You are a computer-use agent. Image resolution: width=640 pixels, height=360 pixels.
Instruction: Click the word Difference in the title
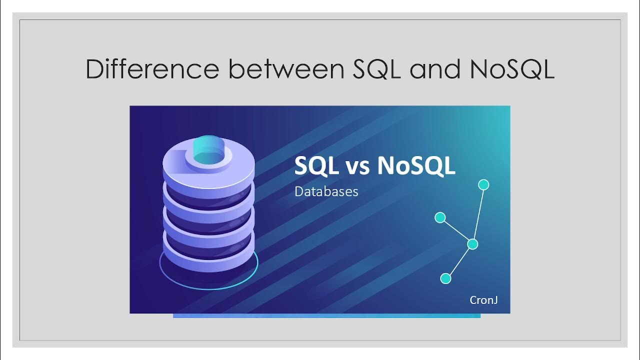(x=152, y=69)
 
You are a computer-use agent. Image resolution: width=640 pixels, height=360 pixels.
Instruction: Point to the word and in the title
(x=435, y=69)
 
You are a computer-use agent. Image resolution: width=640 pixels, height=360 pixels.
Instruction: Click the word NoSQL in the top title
(x=512, y=69)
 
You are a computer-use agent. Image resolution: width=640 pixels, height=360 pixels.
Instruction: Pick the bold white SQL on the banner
(x=316, y=165)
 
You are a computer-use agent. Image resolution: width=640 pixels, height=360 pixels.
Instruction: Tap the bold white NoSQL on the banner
(x=416, y=165)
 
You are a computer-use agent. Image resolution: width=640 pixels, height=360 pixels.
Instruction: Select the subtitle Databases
(x=326, y=191)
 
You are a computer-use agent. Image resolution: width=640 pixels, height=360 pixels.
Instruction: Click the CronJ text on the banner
(x=483, y=300)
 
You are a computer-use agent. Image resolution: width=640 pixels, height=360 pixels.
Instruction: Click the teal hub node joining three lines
(x=472, y=244)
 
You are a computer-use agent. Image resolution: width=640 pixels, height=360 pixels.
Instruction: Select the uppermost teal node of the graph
(x=483, y=185)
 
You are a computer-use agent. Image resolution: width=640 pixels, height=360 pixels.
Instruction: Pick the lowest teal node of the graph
(x=445, y=278)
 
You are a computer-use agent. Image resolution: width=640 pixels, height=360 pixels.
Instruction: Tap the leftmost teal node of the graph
(x=440, y=217)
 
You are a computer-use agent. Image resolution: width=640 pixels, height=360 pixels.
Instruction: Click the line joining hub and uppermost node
(x=478, y=214)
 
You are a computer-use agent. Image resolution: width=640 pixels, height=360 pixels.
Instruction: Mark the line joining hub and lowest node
(x=459, y=261)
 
